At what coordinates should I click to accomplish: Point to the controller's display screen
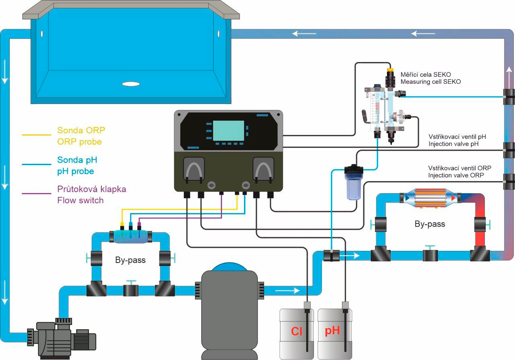(x=228, y=130)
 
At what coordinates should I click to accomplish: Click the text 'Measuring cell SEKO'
(x=431, y=82)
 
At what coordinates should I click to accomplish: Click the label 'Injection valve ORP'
(x=456, y=175)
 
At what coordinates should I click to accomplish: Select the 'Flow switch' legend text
(x=80, y=200)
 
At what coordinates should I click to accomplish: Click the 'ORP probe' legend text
(x=79, y=142)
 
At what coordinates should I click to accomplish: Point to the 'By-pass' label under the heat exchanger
(x=430, y=224)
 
